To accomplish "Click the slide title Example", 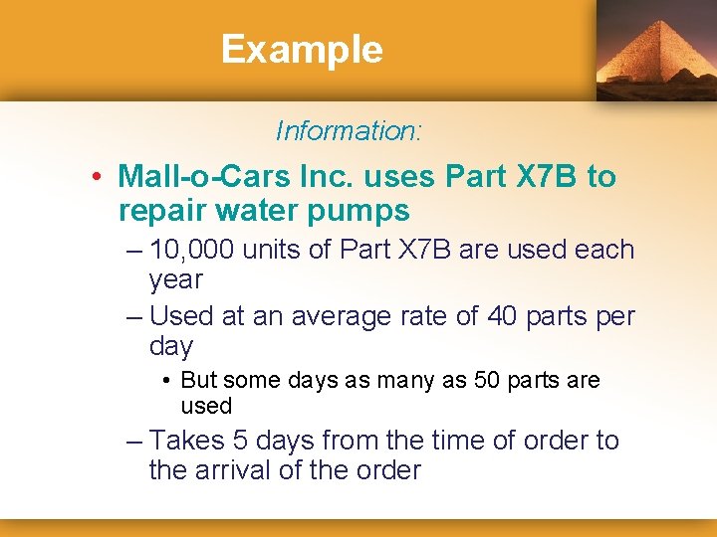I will [302, 49].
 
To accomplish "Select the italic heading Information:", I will [349, 130].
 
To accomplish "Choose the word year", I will [175, 279].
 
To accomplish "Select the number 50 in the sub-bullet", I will [461, 381].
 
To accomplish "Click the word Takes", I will [186, 441].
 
